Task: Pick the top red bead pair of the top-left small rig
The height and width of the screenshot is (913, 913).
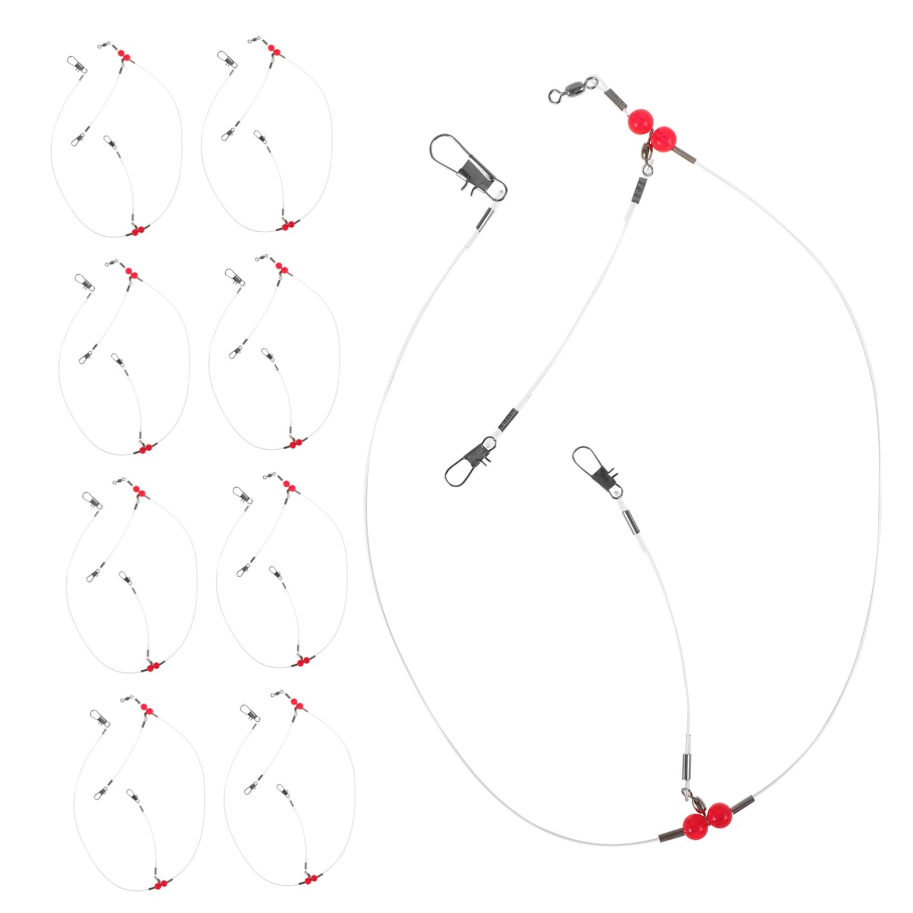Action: tap(124, 54)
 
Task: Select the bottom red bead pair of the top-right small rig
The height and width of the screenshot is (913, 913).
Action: tap(287, 225)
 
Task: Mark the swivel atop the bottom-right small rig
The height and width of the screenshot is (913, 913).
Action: tap(282, 693)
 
